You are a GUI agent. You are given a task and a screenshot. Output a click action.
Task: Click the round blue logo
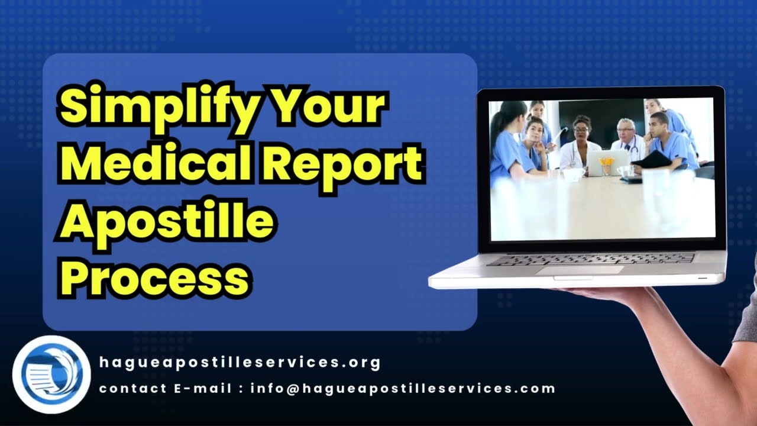pyautogui.click(x=51, y=374)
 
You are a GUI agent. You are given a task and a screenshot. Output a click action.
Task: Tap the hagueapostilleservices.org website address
pyautogui.click(x=240, y=362)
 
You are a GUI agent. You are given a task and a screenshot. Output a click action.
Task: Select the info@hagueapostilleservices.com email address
pyautogui.click(x=403, y=389)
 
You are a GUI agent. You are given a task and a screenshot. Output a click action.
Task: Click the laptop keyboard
pyautogui.click(x=591, y=259)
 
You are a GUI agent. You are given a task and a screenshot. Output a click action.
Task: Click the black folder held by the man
pyautogui.click(x=654, y=160)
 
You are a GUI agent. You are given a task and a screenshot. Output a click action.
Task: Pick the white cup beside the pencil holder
pyautogui.click(x=625, y=171)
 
